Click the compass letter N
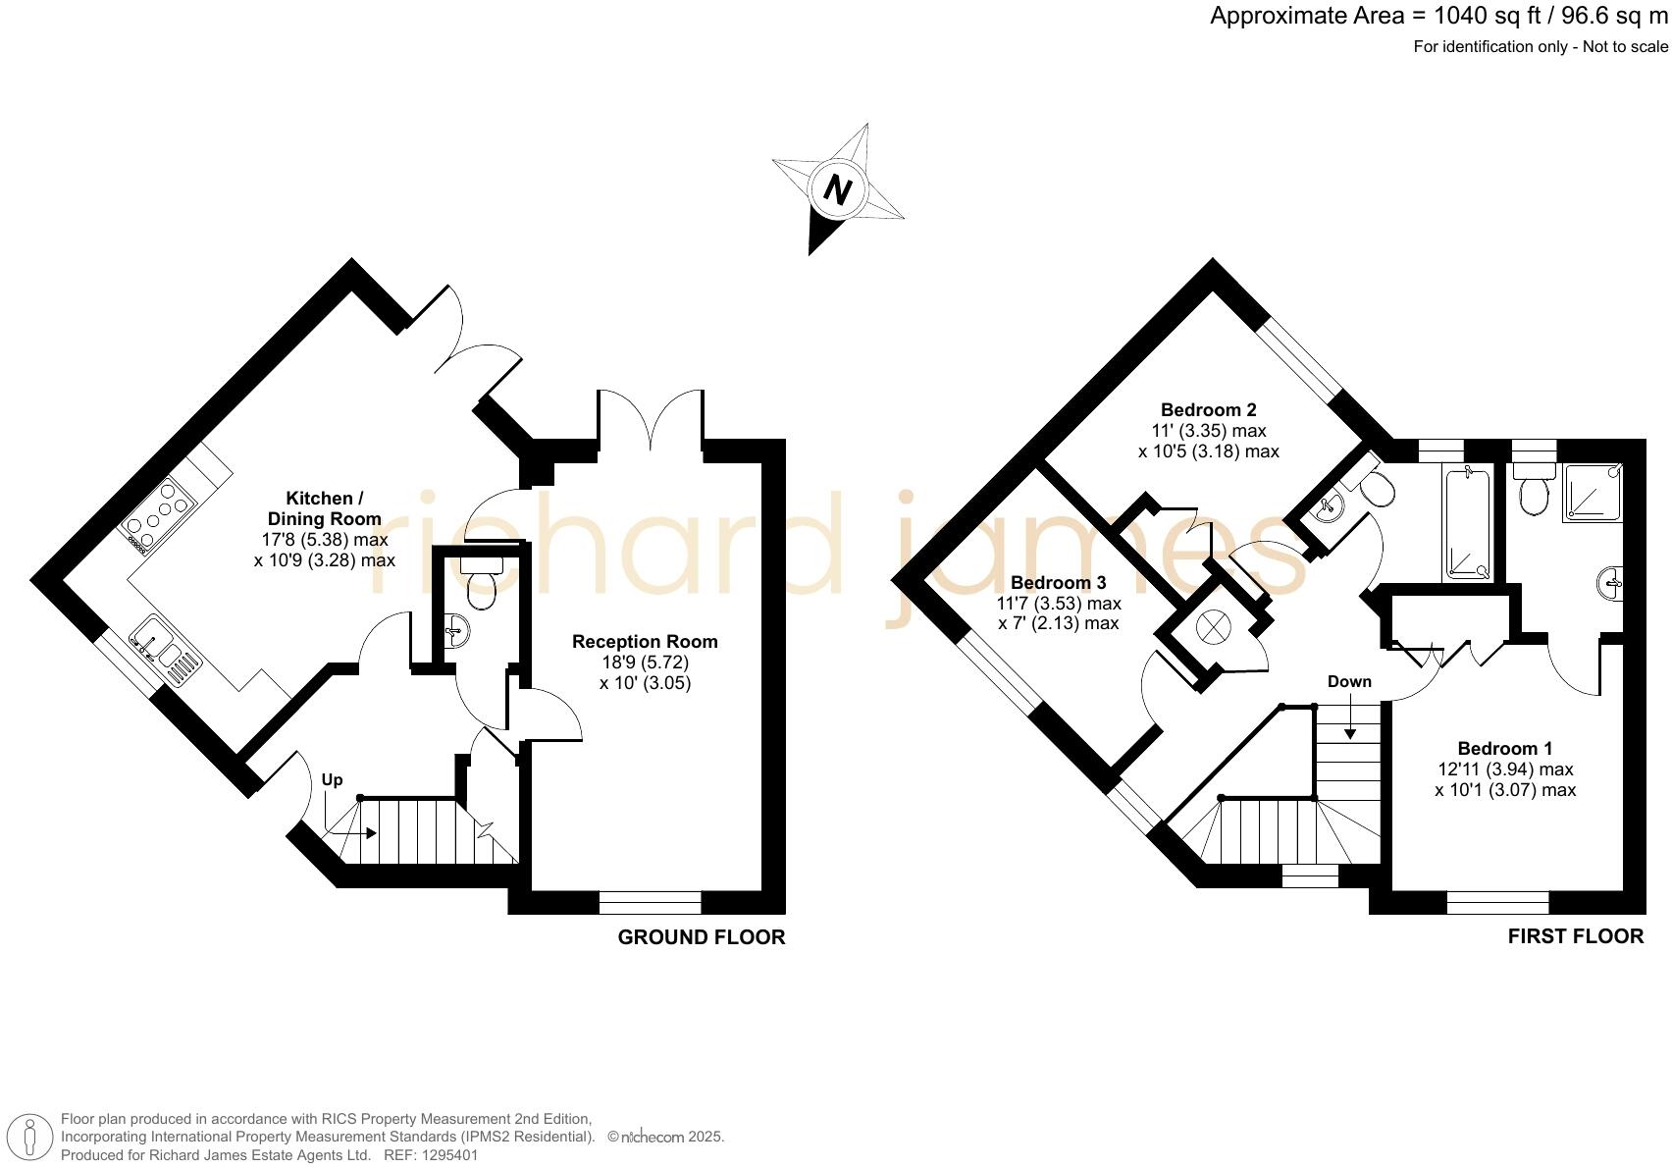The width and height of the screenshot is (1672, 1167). tap(837, 188)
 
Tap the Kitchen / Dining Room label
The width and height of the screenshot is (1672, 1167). tap(324, 508)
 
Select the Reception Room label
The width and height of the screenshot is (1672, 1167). tap(645, 642)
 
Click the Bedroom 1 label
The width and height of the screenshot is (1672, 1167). tap(1504, 748)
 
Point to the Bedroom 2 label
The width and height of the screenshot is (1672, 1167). tap(1208, 410)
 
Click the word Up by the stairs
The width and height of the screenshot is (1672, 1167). tap(333, 780)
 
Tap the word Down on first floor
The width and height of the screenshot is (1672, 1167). tap(1349, 682)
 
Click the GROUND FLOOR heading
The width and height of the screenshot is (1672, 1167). tap(701, 937)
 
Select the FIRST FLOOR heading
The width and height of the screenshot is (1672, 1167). tap(1575, 936)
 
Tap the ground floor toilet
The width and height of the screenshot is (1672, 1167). tap(481, 583)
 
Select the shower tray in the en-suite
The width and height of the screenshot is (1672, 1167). tap(1591, 491)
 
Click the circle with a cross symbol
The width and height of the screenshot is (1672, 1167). tap(1213, 626)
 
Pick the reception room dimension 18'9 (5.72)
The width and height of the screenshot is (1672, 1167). tap(645, 663)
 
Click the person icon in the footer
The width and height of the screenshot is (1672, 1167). tap(30, 1138)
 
